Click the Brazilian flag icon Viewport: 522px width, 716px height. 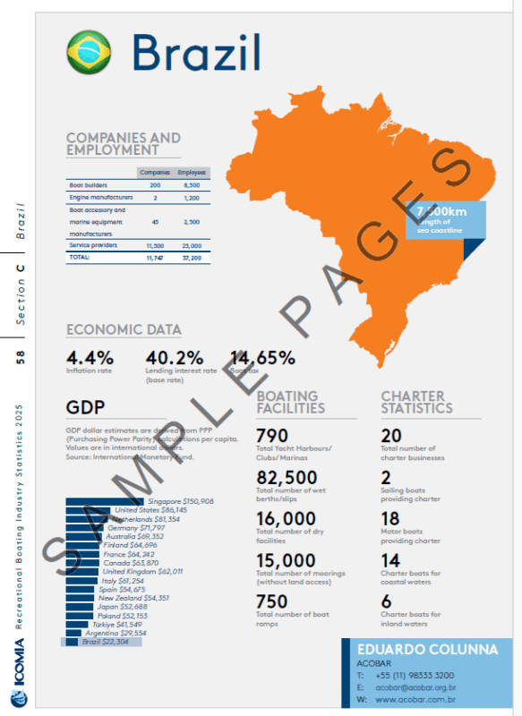[x=90, y=52]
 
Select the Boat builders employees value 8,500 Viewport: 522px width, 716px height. [x=192, y=184]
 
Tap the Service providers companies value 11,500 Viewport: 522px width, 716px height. [x=154, y=244]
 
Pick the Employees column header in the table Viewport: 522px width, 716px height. [x=192, y=172]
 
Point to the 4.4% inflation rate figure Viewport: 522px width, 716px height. [x=90, y=358]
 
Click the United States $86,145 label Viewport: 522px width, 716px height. [x=143, y=510]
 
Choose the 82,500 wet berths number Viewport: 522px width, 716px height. [x=287, y=477]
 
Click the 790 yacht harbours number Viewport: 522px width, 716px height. [x=272, y=435]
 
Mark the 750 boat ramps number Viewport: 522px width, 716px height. [x=272, y=601]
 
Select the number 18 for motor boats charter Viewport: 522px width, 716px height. [x=391, y=519]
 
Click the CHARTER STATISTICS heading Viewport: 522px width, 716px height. [x=416, y=401]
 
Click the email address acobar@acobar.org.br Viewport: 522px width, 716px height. [x=416, y=686]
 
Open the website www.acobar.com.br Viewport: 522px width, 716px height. [x=416, y=699]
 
